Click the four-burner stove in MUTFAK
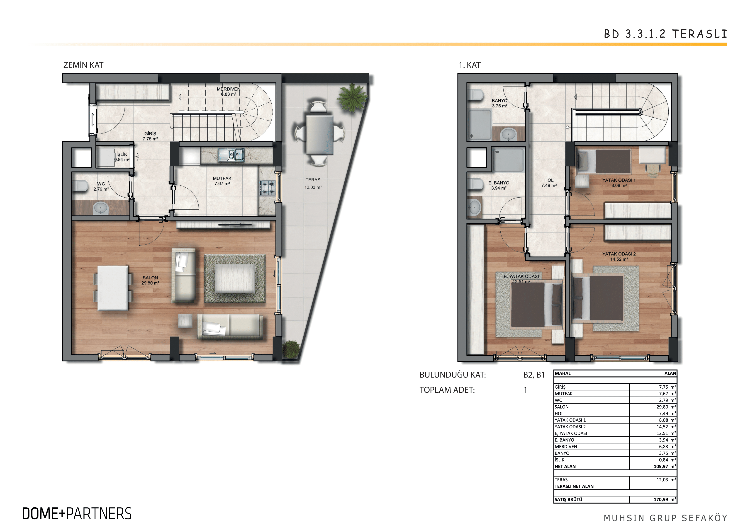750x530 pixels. coord(268,188)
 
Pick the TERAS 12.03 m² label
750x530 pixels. coord(313,184)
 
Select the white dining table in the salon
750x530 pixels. coord(113,288)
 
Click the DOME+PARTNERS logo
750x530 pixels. coord(77,514)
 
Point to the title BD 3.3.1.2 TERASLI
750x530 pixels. coord(665,34)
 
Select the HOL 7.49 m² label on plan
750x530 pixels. coord(549,183)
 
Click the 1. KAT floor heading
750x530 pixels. coord(470,65)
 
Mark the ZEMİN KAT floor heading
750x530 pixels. coord(83,65)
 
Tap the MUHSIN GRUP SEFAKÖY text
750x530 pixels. coord(665,518)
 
